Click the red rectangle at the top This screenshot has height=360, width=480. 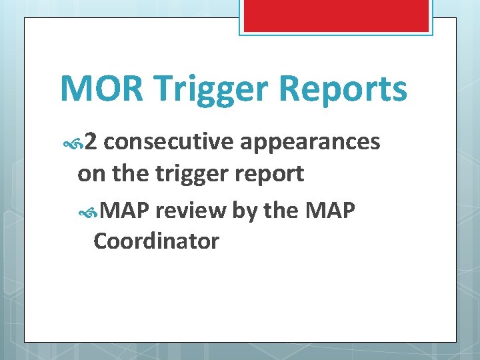click(335, 15)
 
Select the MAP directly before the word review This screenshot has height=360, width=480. click(129, 211)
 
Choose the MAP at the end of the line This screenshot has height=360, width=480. click(331, 211)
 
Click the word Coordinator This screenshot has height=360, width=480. click(156, 241)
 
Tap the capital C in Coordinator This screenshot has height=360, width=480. click(101, 241)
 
